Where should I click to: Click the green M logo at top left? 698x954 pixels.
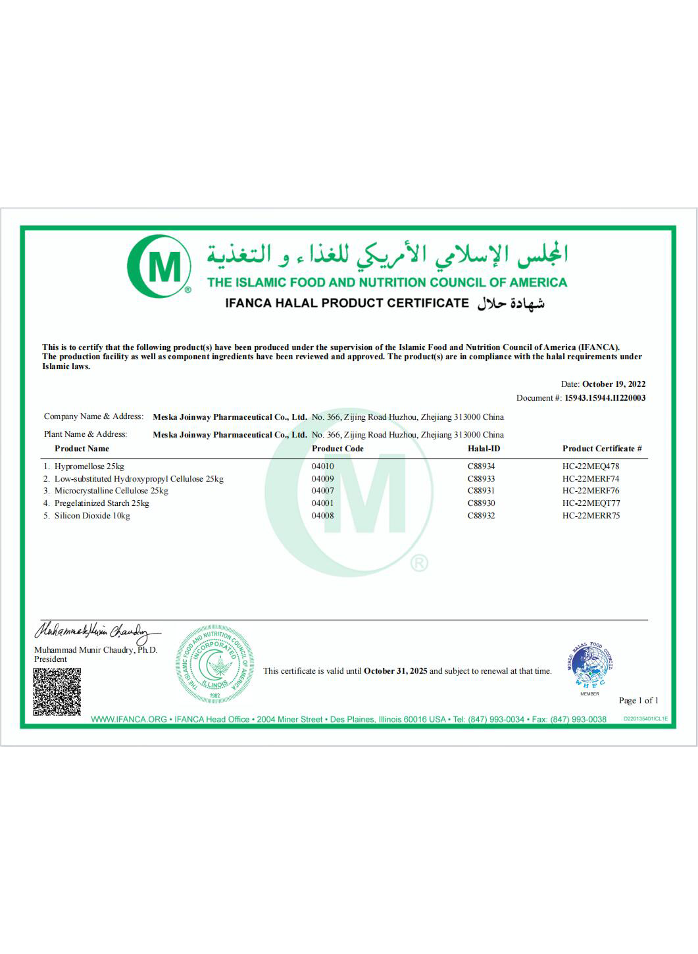click(x=159, y=266)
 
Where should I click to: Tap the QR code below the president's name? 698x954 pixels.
click(x=57, y=691)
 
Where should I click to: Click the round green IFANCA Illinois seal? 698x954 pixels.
click(x=214, y=665)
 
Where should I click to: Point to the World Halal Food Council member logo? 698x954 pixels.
click(x=589, y=666)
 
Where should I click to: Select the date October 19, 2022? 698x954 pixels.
click(x=613, y=384)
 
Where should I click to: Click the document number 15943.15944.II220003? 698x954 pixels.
click(x=605, y=398)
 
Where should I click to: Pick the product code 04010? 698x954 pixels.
click(x=322, y=466)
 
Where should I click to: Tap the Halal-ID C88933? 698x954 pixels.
click(x=481, y=479)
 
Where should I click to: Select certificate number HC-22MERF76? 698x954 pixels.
click(x=590, y=491)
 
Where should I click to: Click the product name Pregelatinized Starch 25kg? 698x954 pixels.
click(x=101, y=503)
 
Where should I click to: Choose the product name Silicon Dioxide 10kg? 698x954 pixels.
click(x=92, y=516)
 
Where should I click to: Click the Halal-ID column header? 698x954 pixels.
click(x=484, y=449)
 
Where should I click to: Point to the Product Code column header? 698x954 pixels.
click(x=337, y=449)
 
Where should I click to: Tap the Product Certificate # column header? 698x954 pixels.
click(x=601, y=449)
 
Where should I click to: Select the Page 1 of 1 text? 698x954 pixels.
click(x=638, y=701)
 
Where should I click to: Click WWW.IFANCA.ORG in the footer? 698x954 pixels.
click(x=129, y=719)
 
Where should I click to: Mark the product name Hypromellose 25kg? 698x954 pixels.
click(x=89, y=466)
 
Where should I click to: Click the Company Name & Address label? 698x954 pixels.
click(x=93, y=416)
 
